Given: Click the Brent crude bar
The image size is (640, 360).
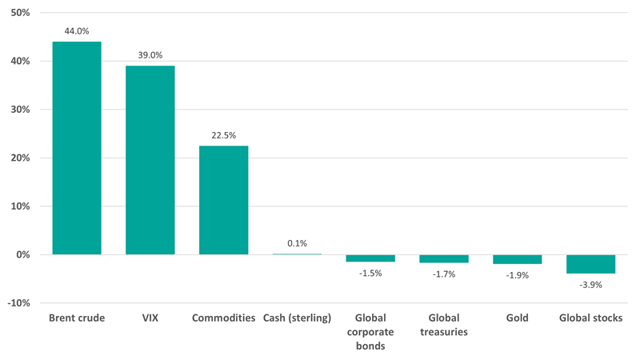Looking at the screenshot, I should click(x=77, y=148).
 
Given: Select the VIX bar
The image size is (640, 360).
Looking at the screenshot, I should click(x=150, y=160).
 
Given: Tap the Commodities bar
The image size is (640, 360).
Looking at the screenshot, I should click(x=223, y=200).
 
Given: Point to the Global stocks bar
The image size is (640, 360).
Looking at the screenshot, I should click(x=590, y=264).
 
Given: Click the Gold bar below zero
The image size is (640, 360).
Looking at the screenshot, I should click(x=517, y=259).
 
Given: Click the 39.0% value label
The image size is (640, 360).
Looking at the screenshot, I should click(x=150, y=55).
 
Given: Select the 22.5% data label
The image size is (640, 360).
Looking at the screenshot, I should click(x=223, y=135).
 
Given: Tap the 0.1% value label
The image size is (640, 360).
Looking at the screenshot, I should click(x=297, y=243).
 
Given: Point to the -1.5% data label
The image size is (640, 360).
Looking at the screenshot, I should click(x=370, y=273).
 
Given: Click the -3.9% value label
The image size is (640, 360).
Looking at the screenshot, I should click(x=590, y=285).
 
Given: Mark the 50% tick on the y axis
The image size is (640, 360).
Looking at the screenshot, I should click(x=19, y=14).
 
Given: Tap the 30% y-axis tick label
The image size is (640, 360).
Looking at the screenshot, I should click(x=19, y=110).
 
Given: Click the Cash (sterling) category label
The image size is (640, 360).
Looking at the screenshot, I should click(x=297, y=318).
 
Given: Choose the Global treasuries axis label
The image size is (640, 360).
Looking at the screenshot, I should click(x=443, y=325).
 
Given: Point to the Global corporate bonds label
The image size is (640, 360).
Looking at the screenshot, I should click(x=370, y=331).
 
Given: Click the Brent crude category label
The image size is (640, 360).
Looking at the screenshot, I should click(x=77, y=318).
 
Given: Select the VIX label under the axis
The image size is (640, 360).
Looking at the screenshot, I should click(x=150, y=318).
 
